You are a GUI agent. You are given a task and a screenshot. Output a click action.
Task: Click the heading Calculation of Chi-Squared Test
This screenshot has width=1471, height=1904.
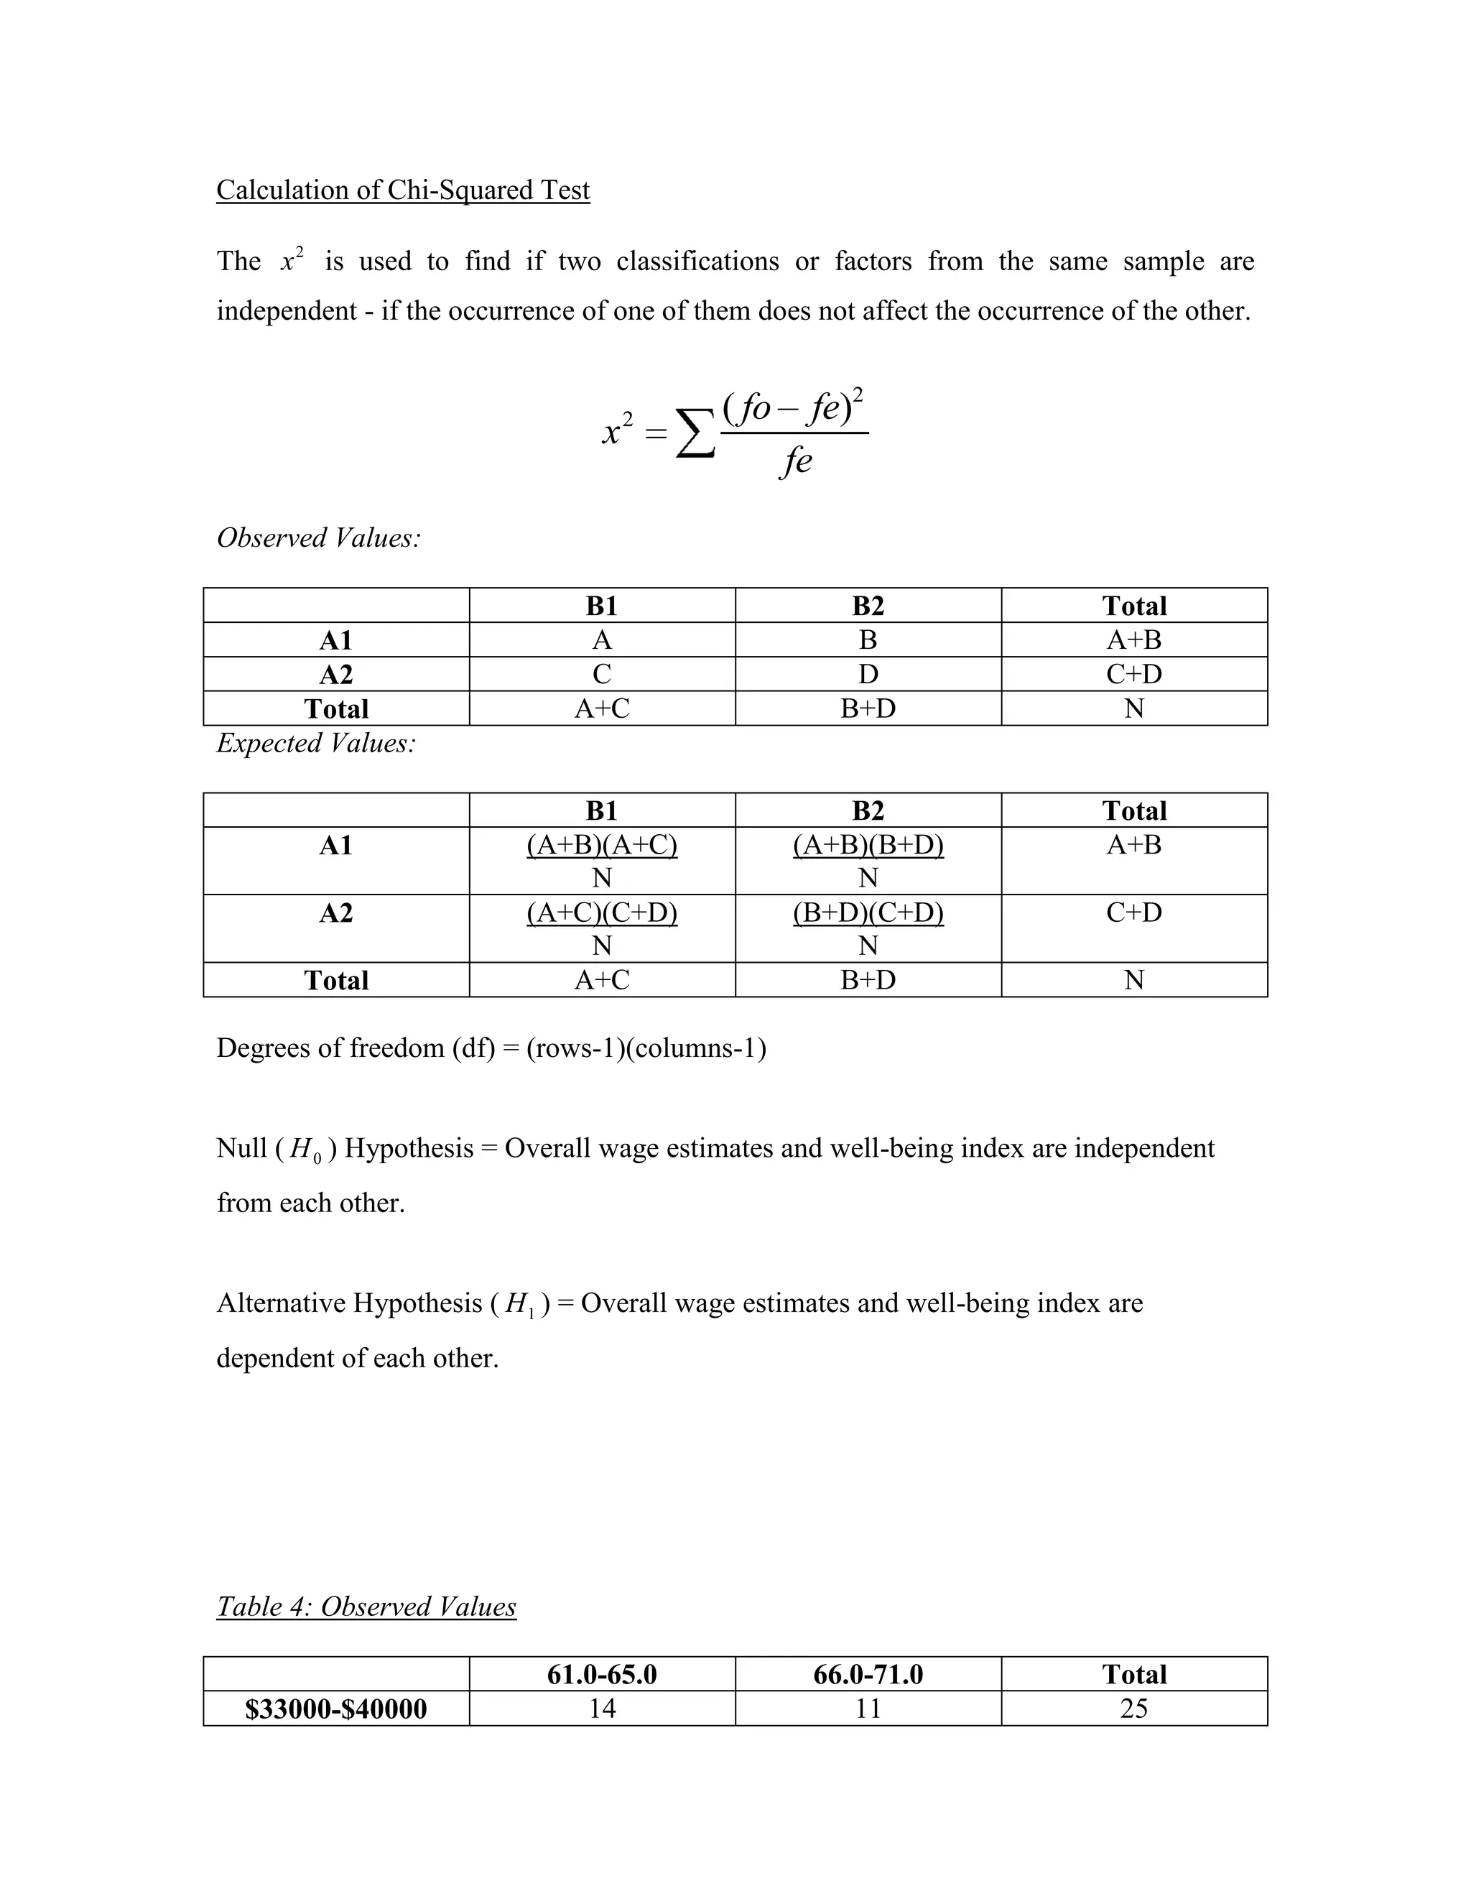(403, 190)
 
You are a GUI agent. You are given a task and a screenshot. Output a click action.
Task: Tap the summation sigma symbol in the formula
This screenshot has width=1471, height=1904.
(695, 433)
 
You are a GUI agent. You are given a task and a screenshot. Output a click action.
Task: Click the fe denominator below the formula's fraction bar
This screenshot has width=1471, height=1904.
(795, 461)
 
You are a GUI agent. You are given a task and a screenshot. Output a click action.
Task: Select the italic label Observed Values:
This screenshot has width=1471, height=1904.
(318, 538)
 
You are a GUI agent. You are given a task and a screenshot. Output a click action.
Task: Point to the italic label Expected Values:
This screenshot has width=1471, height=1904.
(316, 743)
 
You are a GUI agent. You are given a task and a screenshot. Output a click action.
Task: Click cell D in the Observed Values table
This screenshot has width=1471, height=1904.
(868, 674)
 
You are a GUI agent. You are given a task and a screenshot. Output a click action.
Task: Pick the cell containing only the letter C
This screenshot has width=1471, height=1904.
(601, 674)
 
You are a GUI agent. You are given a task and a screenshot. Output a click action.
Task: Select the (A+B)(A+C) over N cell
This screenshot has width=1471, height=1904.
(601, 861)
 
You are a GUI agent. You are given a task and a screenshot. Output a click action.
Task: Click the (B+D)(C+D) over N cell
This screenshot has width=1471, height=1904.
(868, 928)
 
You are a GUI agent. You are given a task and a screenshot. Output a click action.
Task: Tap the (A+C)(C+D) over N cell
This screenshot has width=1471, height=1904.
(601, 928)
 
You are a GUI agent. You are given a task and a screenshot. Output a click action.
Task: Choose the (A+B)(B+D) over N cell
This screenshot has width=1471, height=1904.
(868, 861)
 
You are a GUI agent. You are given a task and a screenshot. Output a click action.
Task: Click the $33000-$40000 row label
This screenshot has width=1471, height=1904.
(336, 1709)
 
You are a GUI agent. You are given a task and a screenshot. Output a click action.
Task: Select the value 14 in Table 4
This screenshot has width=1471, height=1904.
(601, 1709)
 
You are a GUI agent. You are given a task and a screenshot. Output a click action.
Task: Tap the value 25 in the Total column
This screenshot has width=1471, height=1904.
(1133, 1709)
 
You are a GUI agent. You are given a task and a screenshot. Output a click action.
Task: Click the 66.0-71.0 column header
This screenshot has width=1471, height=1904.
(868, 1675)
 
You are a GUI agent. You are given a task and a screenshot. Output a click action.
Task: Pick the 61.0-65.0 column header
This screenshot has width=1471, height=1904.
(601, 1675)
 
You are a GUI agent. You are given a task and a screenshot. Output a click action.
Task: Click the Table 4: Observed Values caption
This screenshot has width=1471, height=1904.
(366, 1607)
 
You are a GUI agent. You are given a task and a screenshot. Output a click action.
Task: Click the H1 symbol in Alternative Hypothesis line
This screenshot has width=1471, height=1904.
(519, 1305)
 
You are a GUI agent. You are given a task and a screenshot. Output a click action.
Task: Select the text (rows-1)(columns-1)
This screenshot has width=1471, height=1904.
(646, 1048)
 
